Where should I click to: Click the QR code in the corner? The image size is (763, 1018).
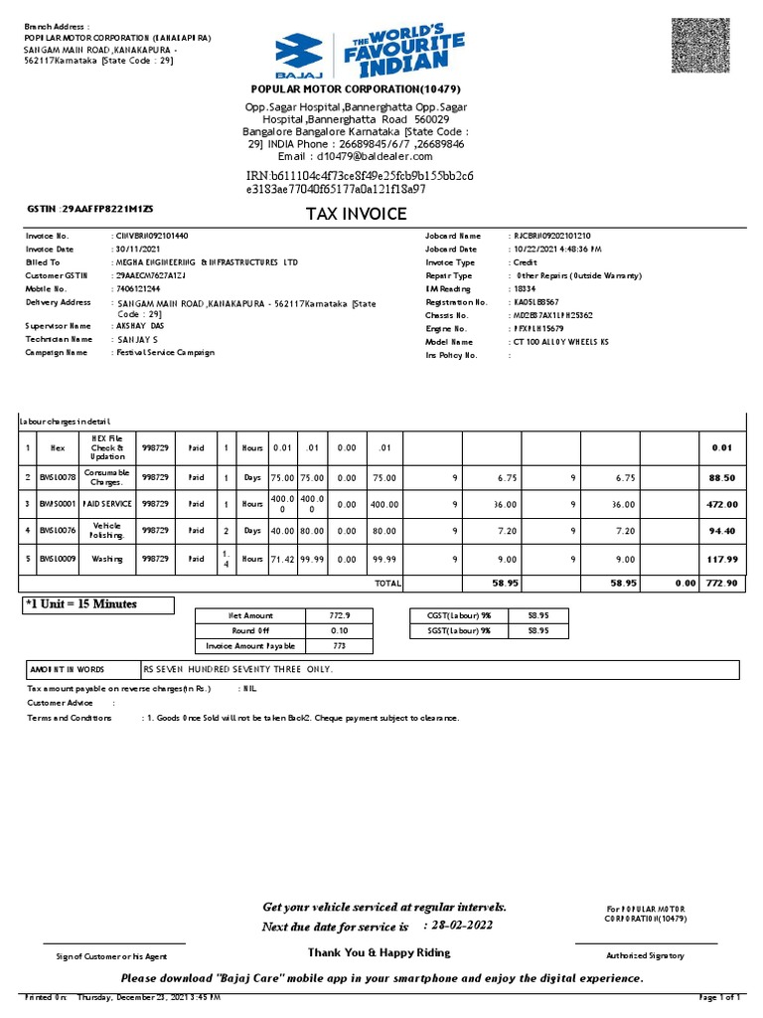point(706,45)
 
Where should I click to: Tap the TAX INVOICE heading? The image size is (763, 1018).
point(355,214)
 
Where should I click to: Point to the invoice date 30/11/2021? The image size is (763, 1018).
point(140,249)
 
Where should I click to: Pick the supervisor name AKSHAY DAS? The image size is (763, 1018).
point(145,326)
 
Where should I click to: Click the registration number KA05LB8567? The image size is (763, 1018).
point(536,301)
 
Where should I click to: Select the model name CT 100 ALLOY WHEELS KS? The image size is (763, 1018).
point(561,341)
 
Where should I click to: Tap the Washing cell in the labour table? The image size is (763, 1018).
point(107,560)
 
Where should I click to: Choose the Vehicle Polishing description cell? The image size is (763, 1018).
point(107,531)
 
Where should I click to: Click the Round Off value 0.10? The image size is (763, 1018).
point(340,630)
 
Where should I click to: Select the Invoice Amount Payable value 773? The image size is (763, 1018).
point(340,645)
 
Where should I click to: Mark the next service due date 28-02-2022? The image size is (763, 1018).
point(460,926)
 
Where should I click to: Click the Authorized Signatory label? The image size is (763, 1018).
point(645,955)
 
